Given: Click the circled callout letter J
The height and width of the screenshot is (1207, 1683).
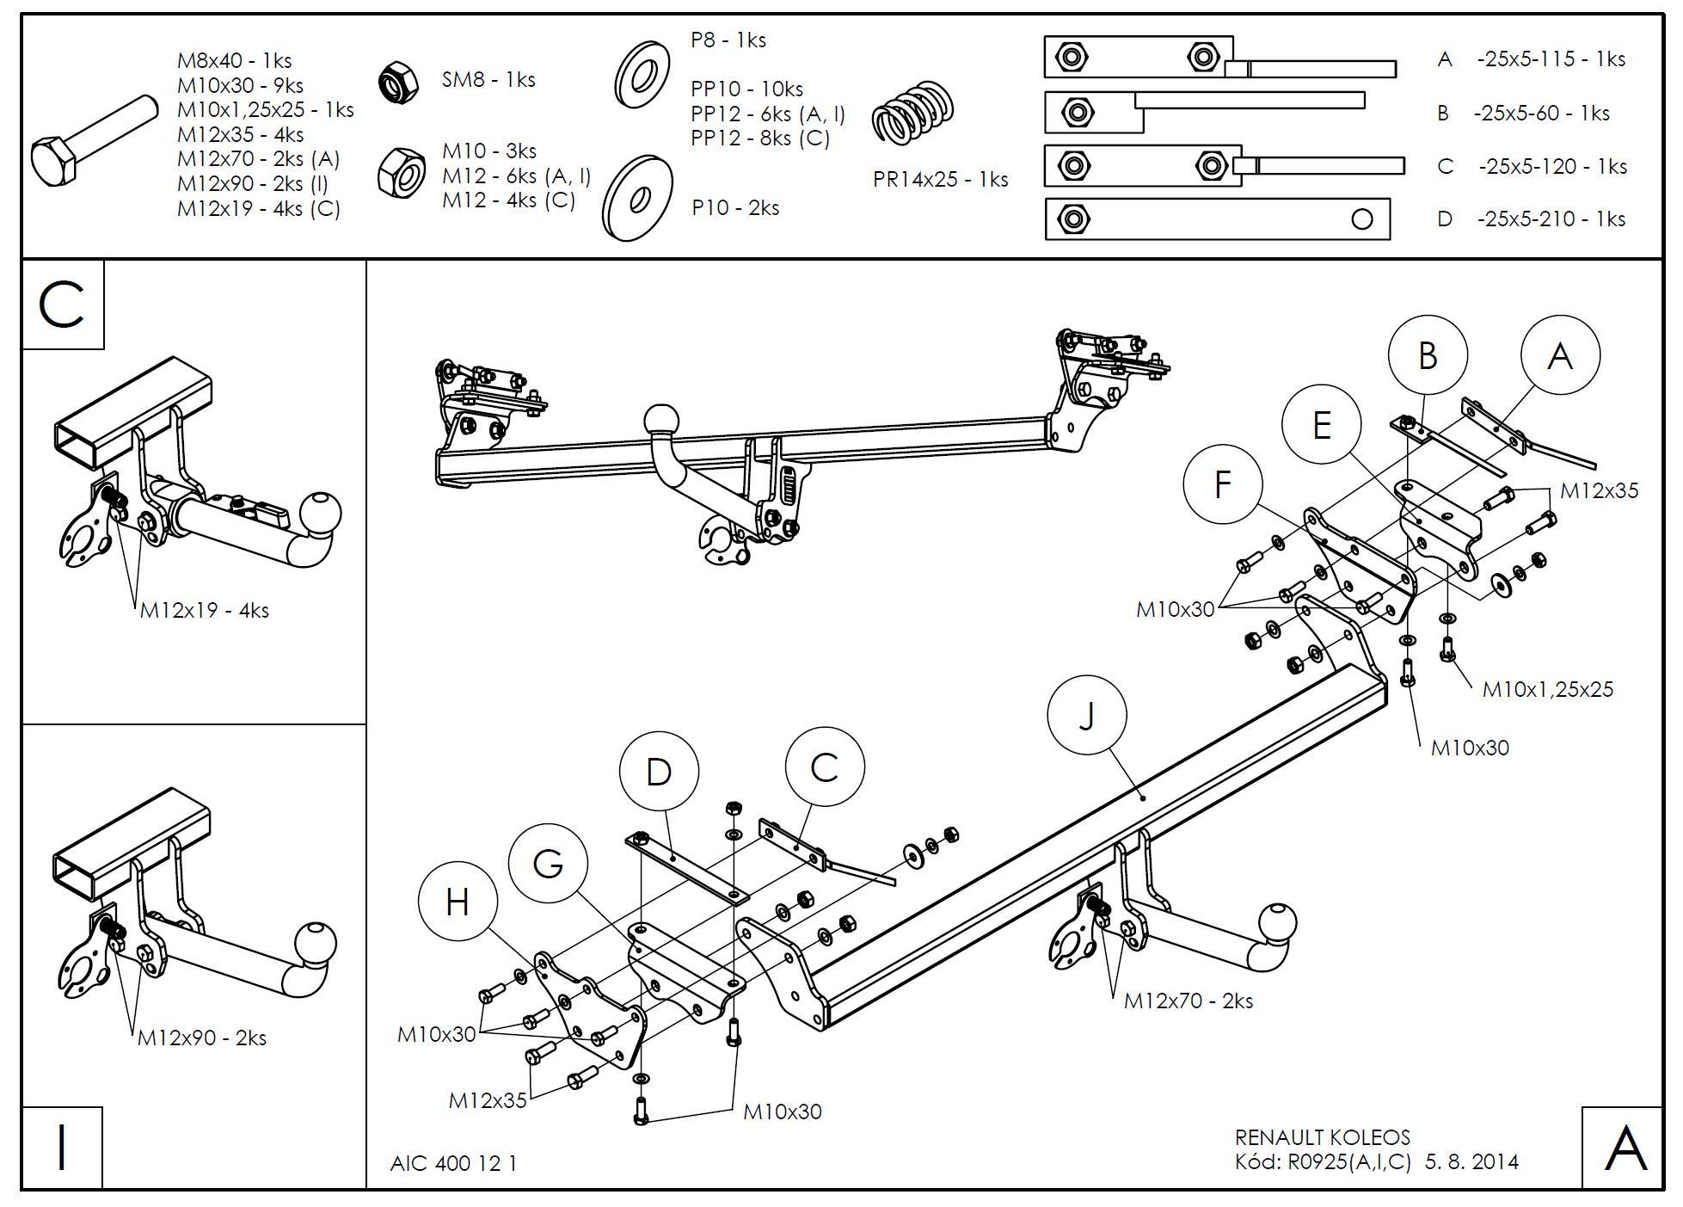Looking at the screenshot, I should (x=1087, y=715).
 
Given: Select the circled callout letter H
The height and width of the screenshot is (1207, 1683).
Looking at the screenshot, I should (x=458, y=902).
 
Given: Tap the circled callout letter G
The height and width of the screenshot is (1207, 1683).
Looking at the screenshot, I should (x=548, y=863).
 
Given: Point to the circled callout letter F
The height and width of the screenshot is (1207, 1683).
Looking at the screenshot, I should (x=1222, y=484).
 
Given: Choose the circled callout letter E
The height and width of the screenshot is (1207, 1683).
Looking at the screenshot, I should (x=1321, y=425).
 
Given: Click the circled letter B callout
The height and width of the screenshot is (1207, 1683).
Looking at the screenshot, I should (x=1428, y=355).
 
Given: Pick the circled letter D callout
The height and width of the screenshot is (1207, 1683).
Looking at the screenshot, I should (x=658, y=772).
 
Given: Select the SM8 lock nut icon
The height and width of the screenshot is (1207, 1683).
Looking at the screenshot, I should (x=398, y=81).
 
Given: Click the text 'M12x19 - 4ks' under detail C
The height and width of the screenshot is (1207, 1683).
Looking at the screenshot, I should (x=205, y=611).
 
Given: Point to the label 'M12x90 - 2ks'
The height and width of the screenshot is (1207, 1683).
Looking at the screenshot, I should (x=202, y=1038).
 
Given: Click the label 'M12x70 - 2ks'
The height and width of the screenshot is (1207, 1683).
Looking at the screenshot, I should (x=1188, y=1001).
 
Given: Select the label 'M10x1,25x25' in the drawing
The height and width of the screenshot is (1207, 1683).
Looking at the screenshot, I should (x=1547, y=689).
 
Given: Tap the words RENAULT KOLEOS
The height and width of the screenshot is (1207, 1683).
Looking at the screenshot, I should (x=1322, y=1137).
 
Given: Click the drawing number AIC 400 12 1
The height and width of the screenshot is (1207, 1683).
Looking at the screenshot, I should (x=453, y=1163).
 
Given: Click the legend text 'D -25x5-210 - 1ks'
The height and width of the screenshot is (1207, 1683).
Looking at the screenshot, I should (x=1531, y=219).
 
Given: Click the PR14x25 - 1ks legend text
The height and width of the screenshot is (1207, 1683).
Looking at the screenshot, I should (x=940, y=180).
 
